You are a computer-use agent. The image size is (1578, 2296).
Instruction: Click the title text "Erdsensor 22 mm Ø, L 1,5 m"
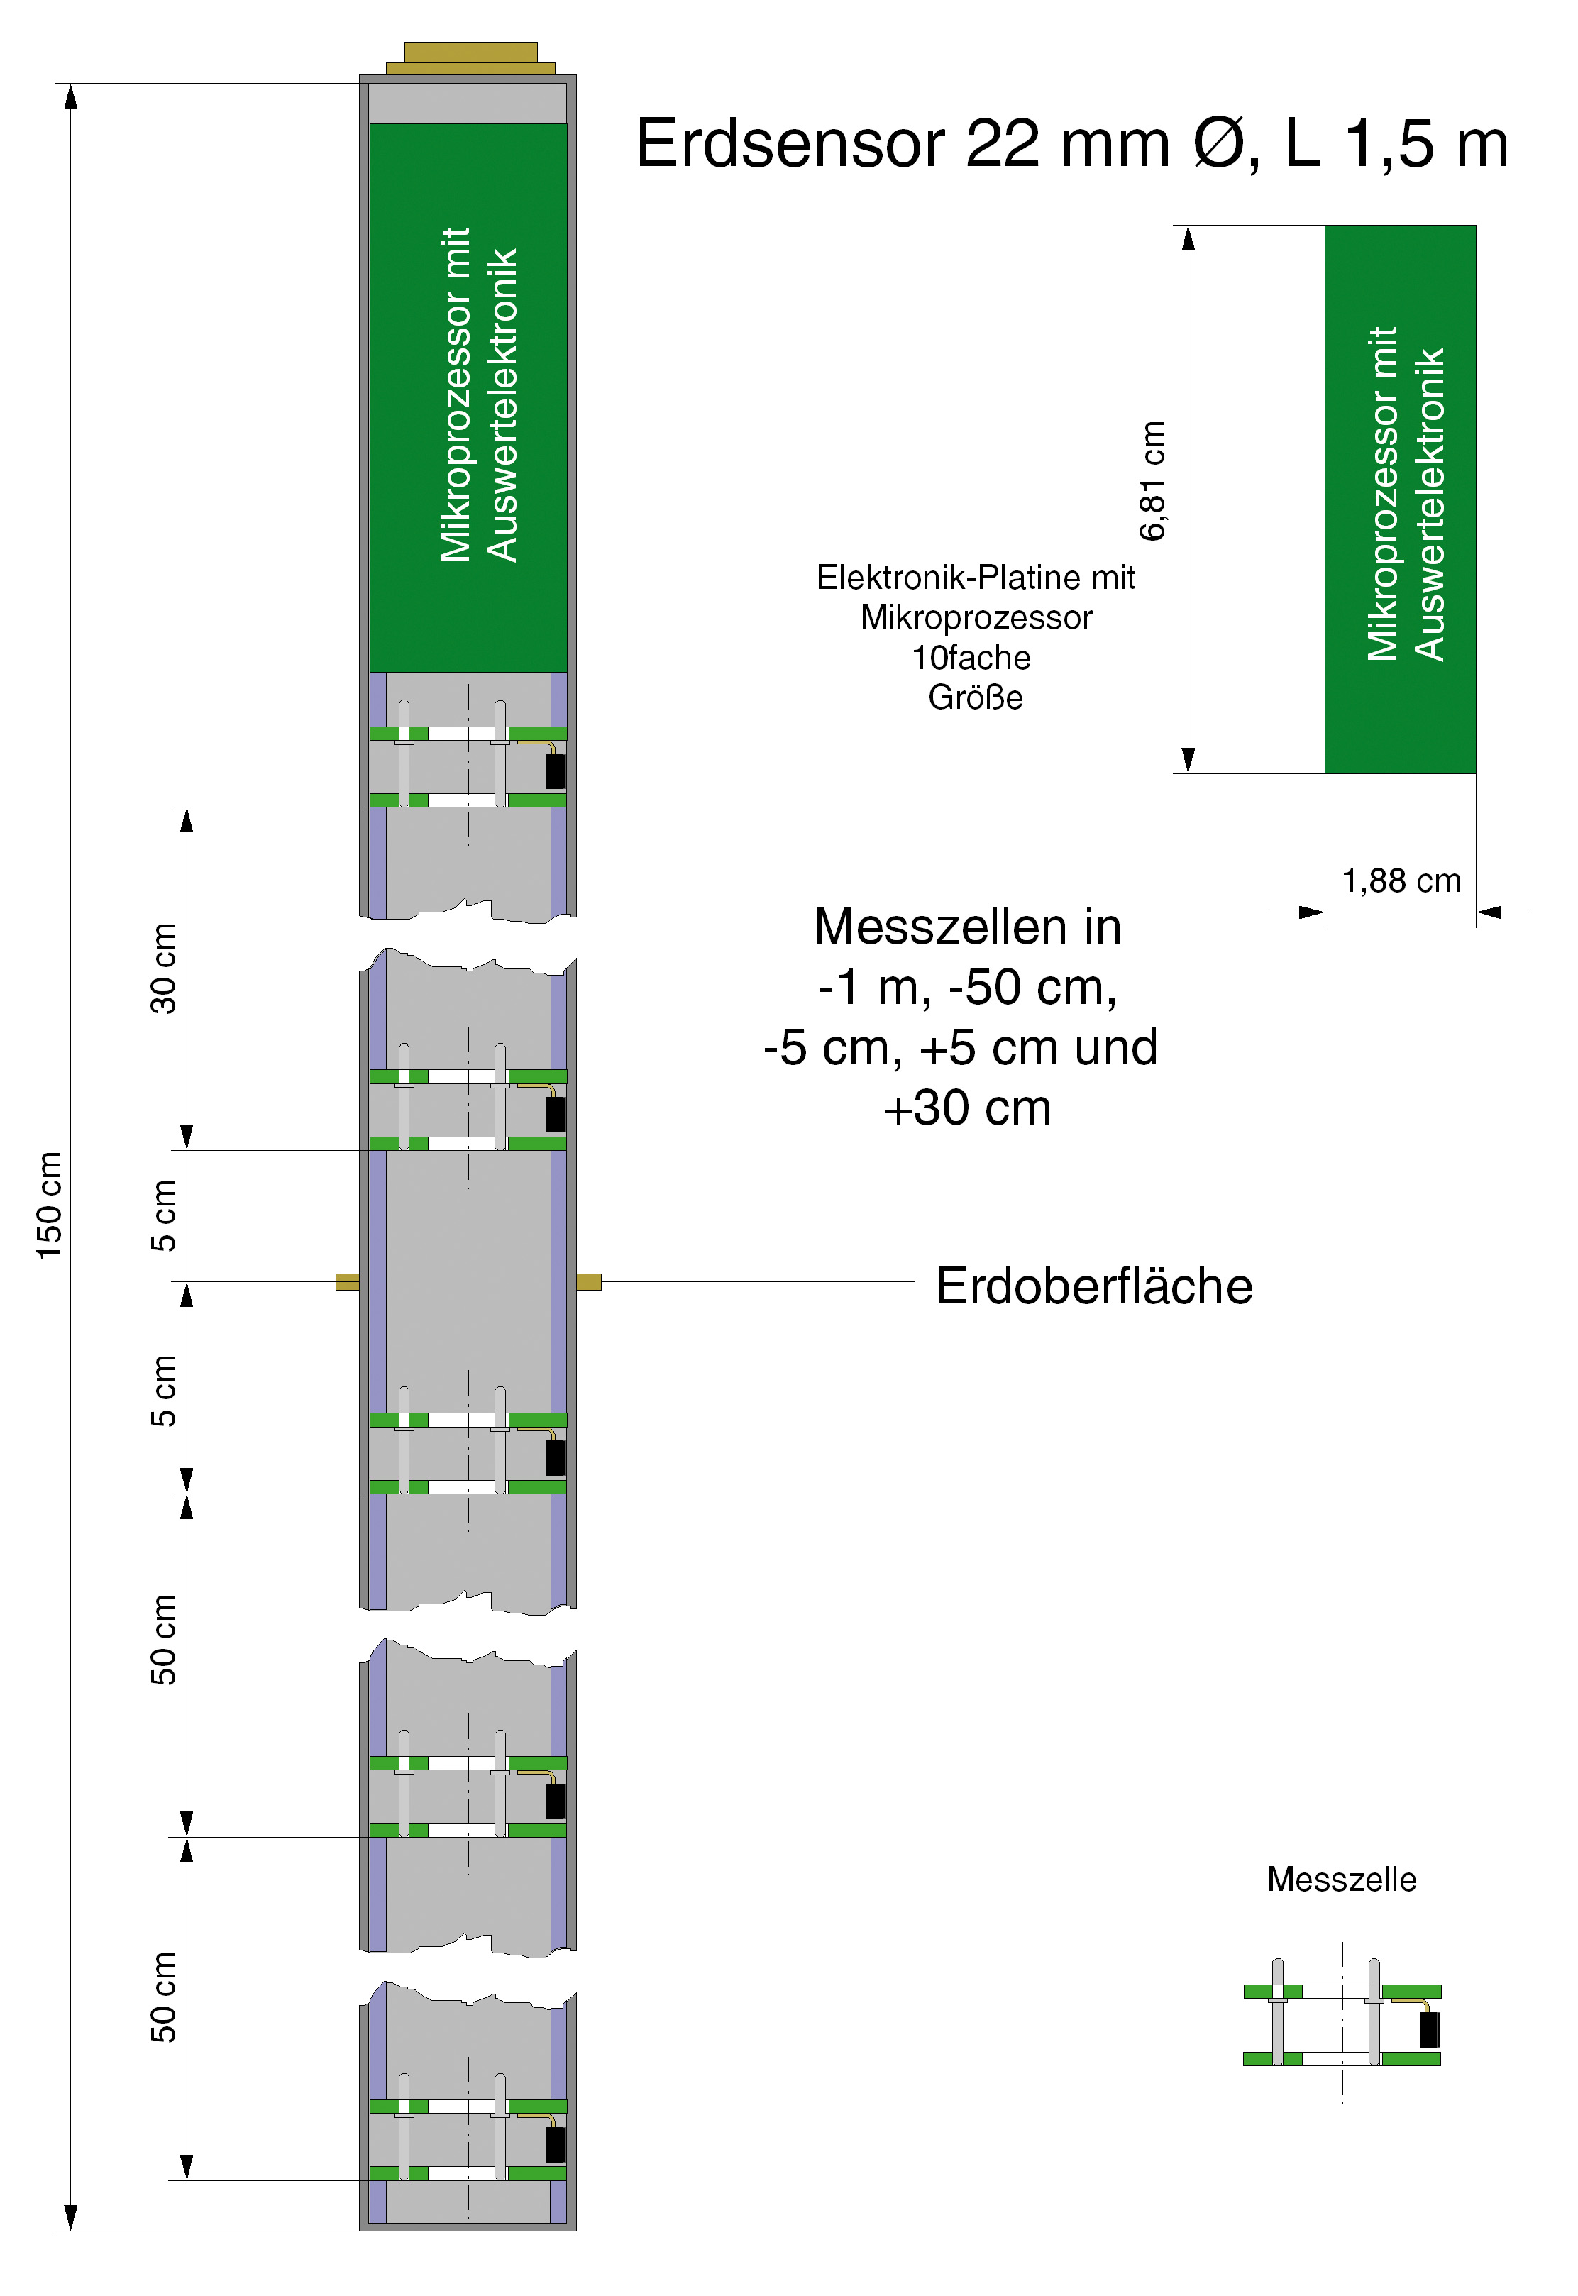[x=1072, y=144]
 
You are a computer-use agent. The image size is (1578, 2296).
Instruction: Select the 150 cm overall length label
[x=50, y=1205]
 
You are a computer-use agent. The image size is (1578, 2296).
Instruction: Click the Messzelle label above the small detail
[x=1342, y=1879]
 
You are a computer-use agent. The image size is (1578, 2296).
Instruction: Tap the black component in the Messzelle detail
[x=1430, y=2029]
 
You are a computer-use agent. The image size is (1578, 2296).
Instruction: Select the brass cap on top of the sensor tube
[x=470, y=58]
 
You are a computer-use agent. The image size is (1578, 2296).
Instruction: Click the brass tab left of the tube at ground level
[x=347, y=1283]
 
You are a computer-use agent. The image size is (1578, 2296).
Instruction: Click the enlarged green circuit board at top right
[x=1400, y=500]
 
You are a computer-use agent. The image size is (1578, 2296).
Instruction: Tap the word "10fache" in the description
[x=971, y=658]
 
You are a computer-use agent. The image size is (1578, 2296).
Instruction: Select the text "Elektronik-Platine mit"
[x=976, y=578]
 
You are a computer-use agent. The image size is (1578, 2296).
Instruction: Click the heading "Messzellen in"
[x=967, y=927]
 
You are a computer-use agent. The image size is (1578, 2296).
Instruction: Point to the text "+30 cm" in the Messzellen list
[x=967, y=1108]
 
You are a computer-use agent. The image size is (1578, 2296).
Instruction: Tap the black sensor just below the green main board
[x=556, y=771]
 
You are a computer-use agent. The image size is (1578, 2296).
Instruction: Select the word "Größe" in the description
[x=975, y=697]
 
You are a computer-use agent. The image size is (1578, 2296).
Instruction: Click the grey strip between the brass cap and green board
[x=468, y=103]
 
